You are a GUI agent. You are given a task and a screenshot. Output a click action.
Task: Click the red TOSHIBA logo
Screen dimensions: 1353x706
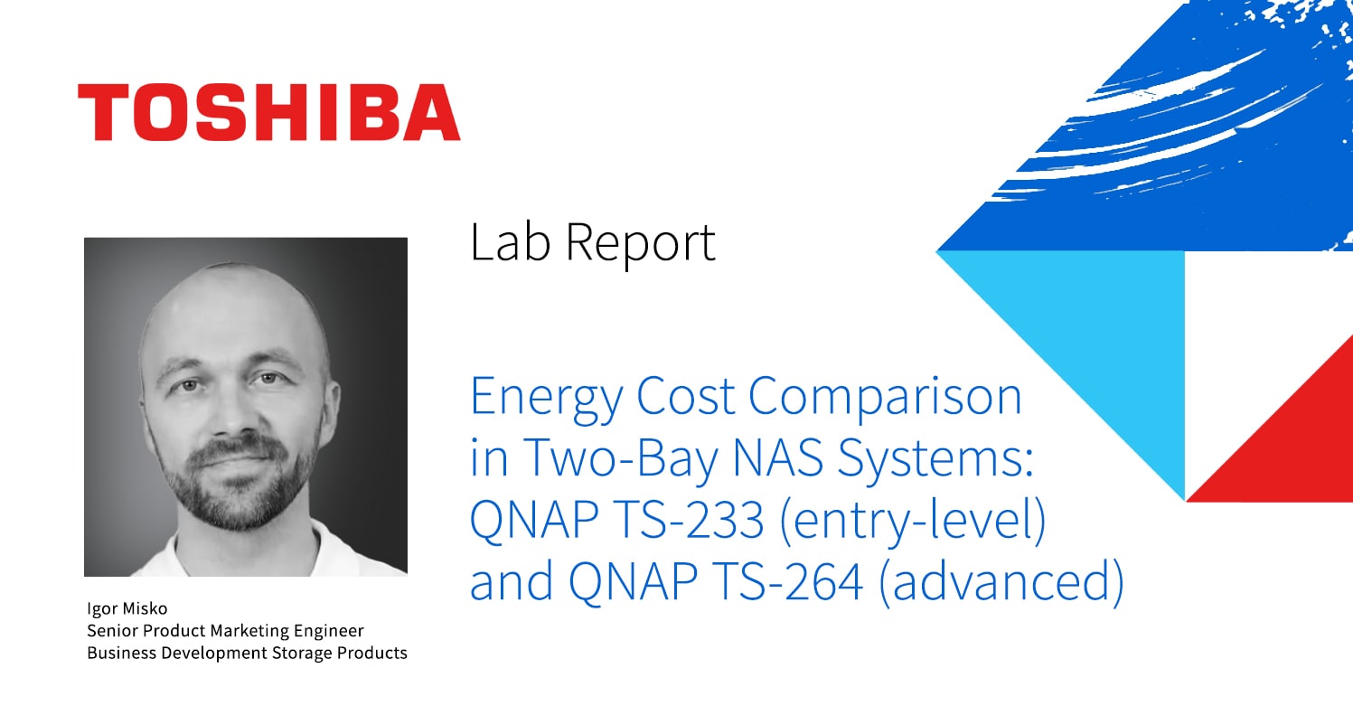pyautogui.click(x=268, y=112)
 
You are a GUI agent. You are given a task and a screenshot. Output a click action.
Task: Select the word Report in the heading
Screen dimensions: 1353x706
pyautogui.click(x=640, y=245)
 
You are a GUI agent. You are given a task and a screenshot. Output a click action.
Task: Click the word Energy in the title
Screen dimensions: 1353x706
pyautogui.click(x=546, y=399)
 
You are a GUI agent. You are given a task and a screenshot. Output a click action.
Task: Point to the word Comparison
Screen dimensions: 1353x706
pyautogui.click(x=885, y=399)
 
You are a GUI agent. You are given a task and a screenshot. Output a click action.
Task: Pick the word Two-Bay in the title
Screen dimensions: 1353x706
pyautogui.click(x=621, y=460)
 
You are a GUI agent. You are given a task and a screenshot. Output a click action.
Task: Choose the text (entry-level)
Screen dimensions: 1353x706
pyautogui.click(x=912, y=522)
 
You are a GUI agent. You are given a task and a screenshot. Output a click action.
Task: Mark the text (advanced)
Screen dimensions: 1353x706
pyautogui.click(x=1001, y=582)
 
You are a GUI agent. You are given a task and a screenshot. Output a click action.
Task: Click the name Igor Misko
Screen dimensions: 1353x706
pyautogui.click(x=127, y=608)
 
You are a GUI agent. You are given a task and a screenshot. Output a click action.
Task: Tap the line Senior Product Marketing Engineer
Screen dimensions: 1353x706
pyautogui.click(x=225, y=630)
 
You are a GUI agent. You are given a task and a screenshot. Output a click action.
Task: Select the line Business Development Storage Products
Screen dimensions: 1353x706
pyautogui.click(x=247, y=653)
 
